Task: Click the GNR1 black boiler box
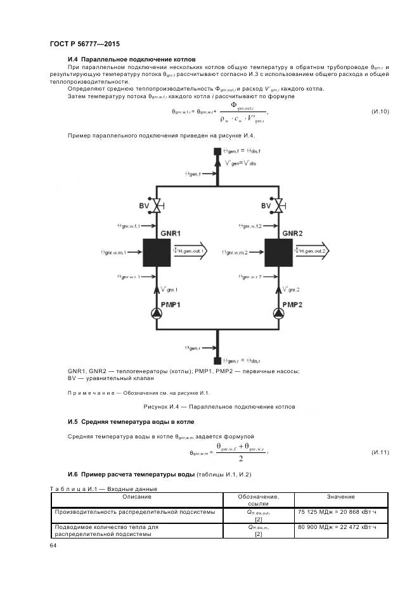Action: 156,252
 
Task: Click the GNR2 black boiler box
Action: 278,252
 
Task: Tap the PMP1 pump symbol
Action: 156,313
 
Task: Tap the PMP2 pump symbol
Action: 278,313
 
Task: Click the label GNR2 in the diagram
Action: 293,233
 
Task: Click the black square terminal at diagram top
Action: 217,151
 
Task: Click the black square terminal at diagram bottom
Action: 217,360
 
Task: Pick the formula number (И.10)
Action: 380,112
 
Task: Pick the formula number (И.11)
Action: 380,452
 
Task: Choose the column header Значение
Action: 341,497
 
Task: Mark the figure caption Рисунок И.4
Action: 219,406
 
